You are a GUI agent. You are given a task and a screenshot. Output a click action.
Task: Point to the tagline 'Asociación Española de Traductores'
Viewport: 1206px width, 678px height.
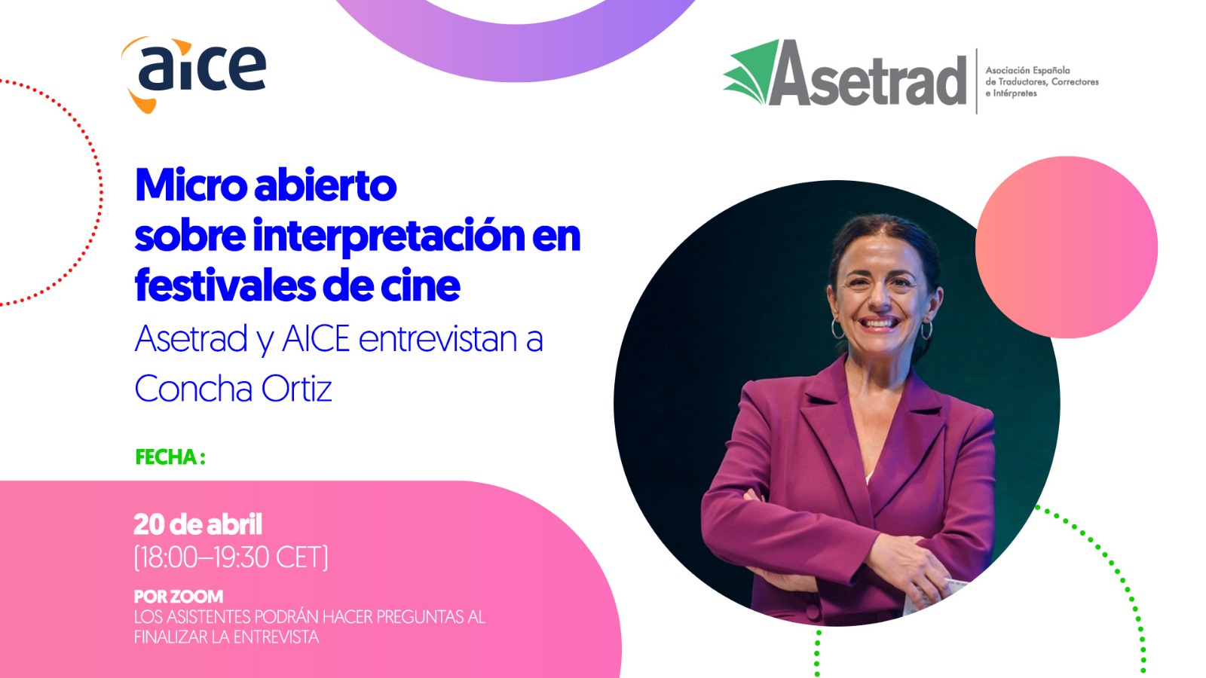pyautogui.click(x=1042, y=82)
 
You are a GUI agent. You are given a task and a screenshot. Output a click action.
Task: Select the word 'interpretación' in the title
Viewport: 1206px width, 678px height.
pyautogui.click(x=389, y=236)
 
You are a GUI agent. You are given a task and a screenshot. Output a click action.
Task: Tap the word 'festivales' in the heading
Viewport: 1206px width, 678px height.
pyautogui.click(x=225, y=286)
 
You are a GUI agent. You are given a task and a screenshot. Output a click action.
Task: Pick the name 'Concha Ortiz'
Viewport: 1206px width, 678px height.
pyautogui.click(x=233, y=389)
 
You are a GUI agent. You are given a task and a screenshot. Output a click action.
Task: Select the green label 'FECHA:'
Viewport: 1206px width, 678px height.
pyautogui.click(x=170, y=457)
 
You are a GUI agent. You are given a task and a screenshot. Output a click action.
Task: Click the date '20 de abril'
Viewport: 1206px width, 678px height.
pyautogui.click(x=197, y=524)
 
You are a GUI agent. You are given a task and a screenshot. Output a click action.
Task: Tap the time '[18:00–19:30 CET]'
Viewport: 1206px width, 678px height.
pyautogui.click(x=231, y=557)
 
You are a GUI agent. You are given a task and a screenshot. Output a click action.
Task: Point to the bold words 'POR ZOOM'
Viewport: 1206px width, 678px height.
pyautogui.click(x=178, y=596)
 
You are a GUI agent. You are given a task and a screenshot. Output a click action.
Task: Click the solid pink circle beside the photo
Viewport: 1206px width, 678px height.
pyautogui.click(x=1066, y=247)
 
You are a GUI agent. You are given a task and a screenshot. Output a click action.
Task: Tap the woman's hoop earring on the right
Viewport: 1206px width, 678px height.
pyautogui.click(x=926, y=331)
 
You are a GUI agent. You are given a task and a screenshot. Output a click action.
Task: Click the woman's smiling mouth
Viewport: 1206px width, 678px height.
pyautogui.click(x=879, y=324)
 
